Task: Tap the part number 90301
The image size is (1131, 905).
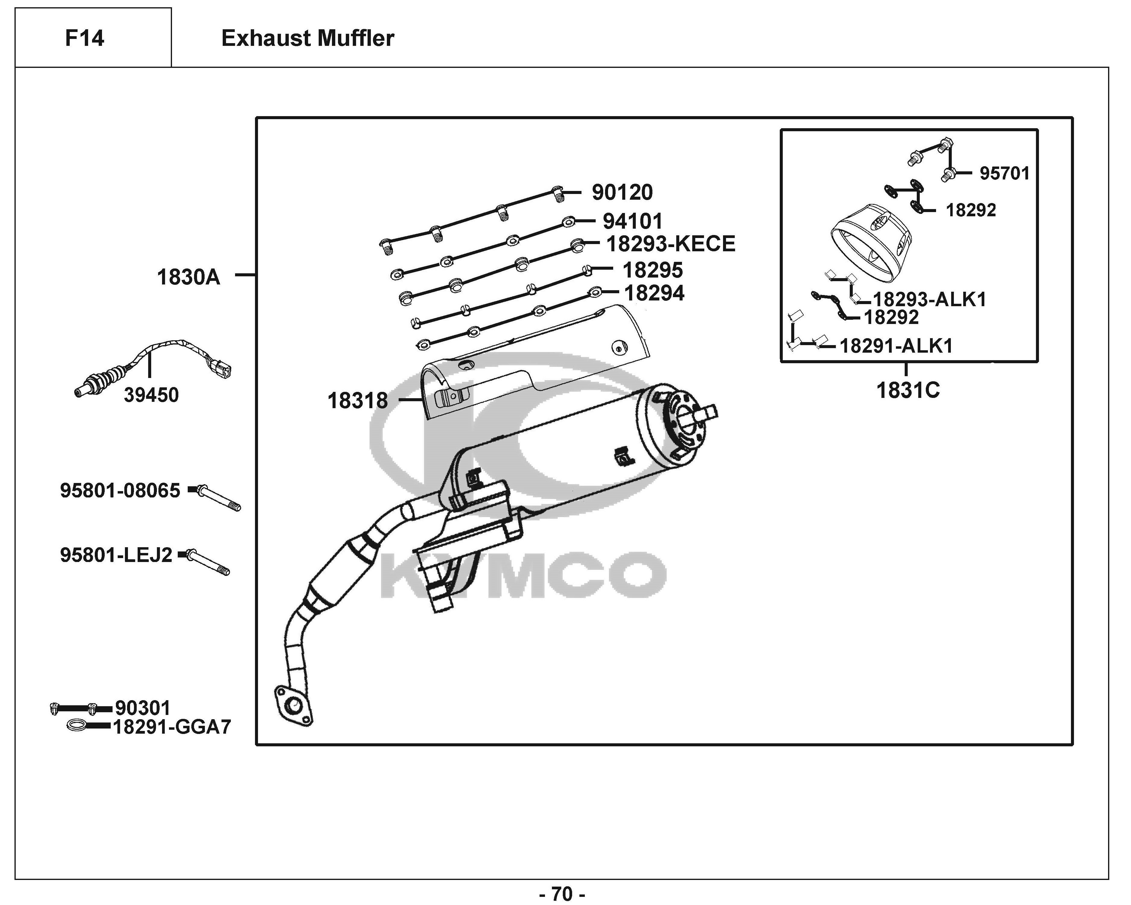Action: (x=143, y=708)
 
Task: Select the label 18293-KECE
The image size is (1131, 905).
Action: (x=671, y=244)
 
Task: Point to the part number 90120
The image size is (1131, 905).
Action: (x=622, y=192)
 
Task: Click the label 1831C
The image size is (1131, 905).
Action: (x=908, y=390)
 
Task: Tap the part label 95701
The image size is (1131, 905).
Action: (x=1005, y=173)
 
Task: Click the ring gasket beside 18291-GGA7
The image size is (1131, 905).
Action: (x=77, y=726)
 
